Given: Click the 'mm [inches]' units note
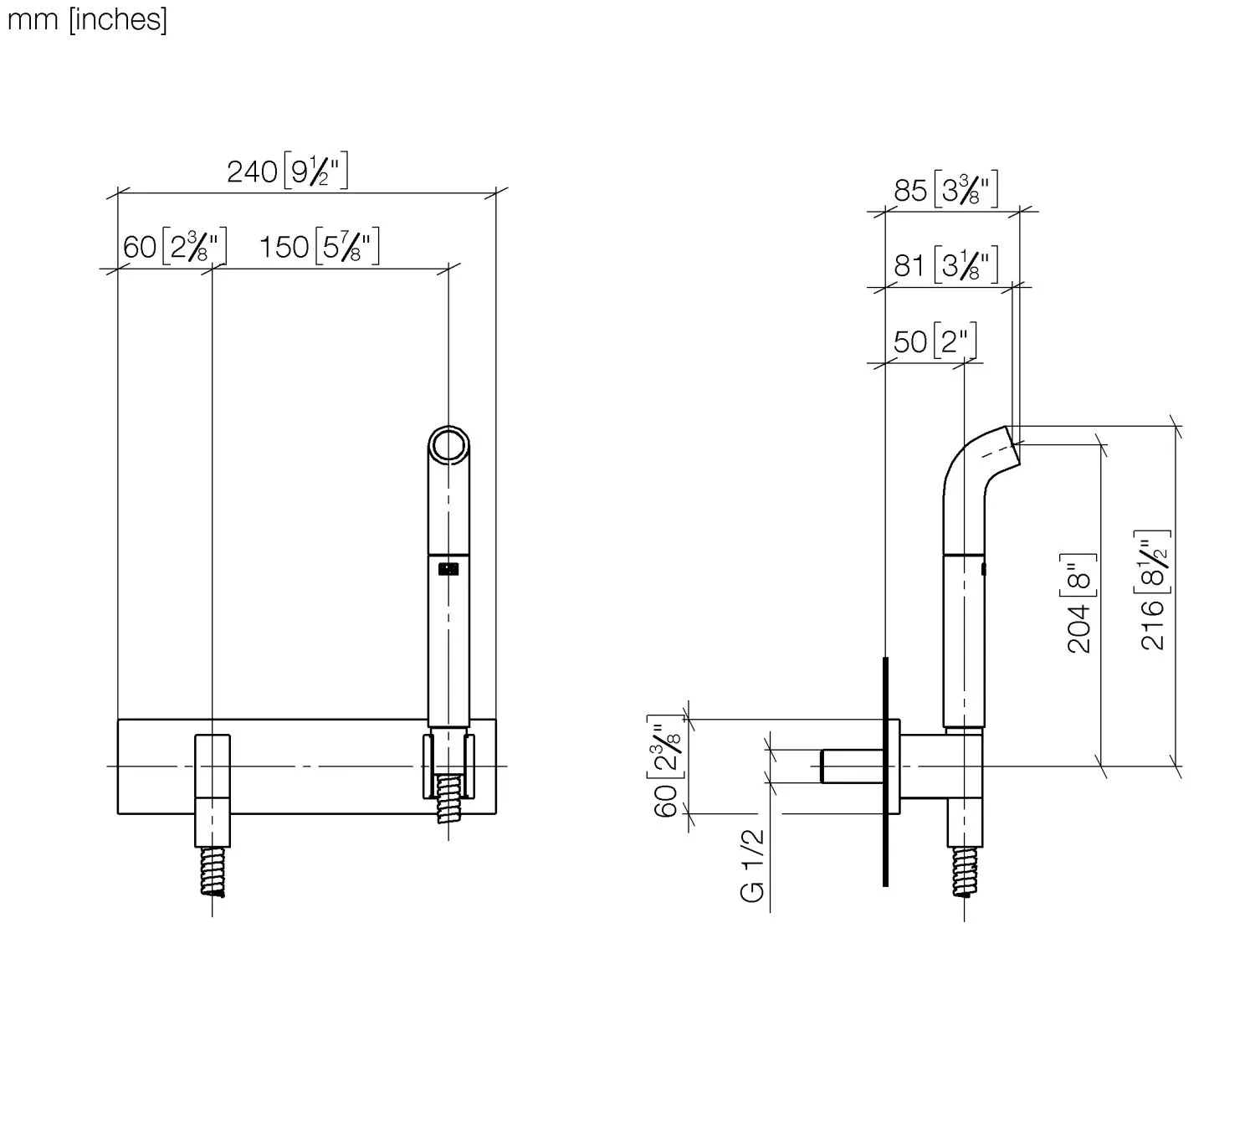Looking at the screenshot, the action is tap(87, 20).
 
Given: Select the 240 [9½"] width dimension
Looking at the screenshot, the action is tap(287, 170).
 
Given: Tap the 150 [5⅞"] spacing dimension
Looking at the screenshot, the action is tap(319, 246).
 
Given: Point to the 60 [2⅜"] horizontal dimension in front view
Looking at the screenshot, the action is tap(175, 246).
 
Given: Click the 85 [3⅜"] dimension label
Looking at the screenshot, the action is tap(945, 189).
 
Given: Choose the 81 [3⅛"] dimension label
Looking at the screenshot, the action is tap(945, 264).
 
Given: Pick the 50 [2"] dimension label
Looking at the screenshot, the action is tap(935, 341).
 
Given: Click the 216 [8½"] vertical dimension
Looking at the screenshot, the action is tap(1152, 590).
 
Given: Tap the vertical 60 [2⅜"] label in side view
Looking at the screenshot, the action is tap(666, 766).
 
